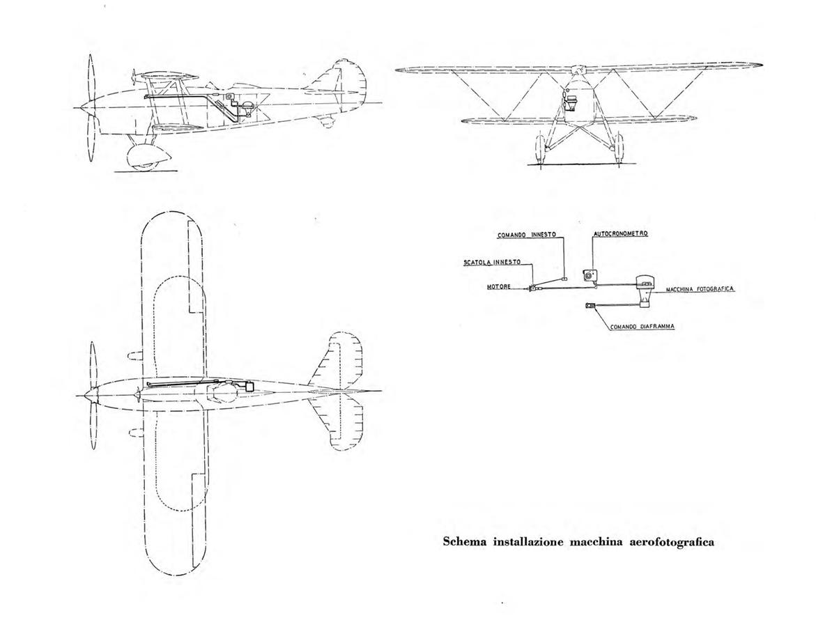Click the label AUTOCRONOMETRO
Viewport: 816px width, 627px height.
(x=620, y=234)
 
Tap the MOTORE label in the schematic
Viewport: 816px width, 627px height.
(x=498, y=287)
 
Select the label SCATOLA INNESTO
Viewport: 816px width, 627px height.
(x=492, y=262)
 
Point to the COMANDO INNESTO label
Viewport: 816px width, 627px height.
(x=527, y=235)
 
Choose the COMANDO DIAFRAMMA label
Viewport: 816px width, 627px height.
(x=642, y=327)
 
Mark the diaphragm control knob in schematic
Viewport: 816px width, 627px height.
(x=590, y=305)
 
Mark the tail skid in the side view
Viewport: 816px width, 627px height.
(x=326, y=121)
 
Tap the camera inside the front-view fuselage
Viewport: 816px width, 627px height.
(x=572, y=102)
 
